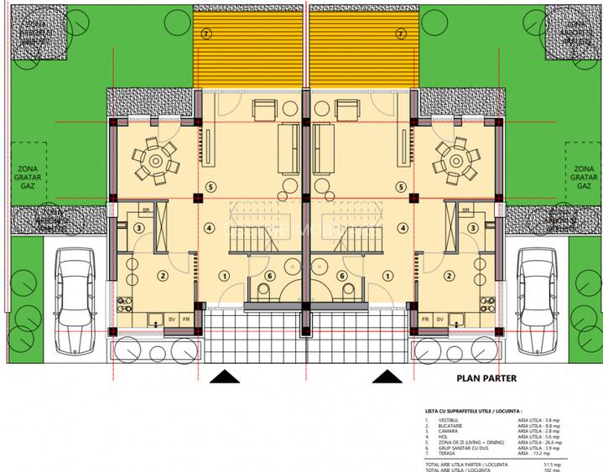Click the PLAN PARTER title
click(486, 378)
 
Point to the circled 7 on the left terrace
click(206, 33)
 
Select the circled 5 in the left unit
click(211, 185)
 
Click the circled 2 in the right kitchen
click(450, 275)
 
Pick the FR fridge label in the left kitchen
click(186, 319)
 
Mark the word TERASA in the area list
click(444, 454)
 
